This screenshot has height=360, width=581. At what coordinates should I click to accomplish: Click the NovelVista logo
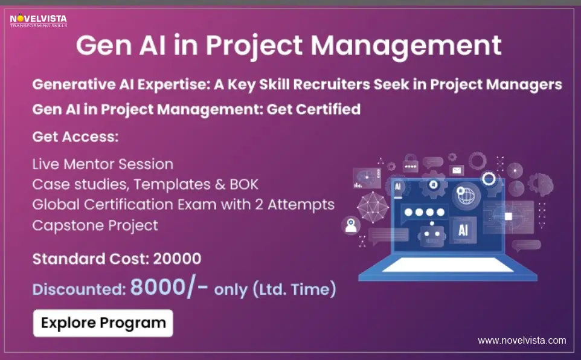click(x=38, y=20)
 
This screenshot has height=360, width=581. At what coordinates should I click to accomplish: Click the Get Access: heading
click(x=75, y=137)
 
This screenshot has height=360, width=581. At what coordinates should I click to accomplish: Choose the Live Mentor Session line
click(x=103, y=164)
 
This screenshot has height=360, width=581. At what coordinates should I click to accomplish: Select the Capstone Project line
click(x=95, y=225)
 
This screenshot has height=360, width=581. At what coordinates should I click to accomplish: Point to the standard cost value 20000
click(x=177, y=259)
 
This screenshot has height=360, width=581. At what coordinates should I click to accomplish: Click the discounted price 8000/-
click(x=169, y=288)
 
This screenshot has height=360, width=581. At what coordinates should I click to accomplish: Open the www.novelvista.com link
click(x=522, y=341)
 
